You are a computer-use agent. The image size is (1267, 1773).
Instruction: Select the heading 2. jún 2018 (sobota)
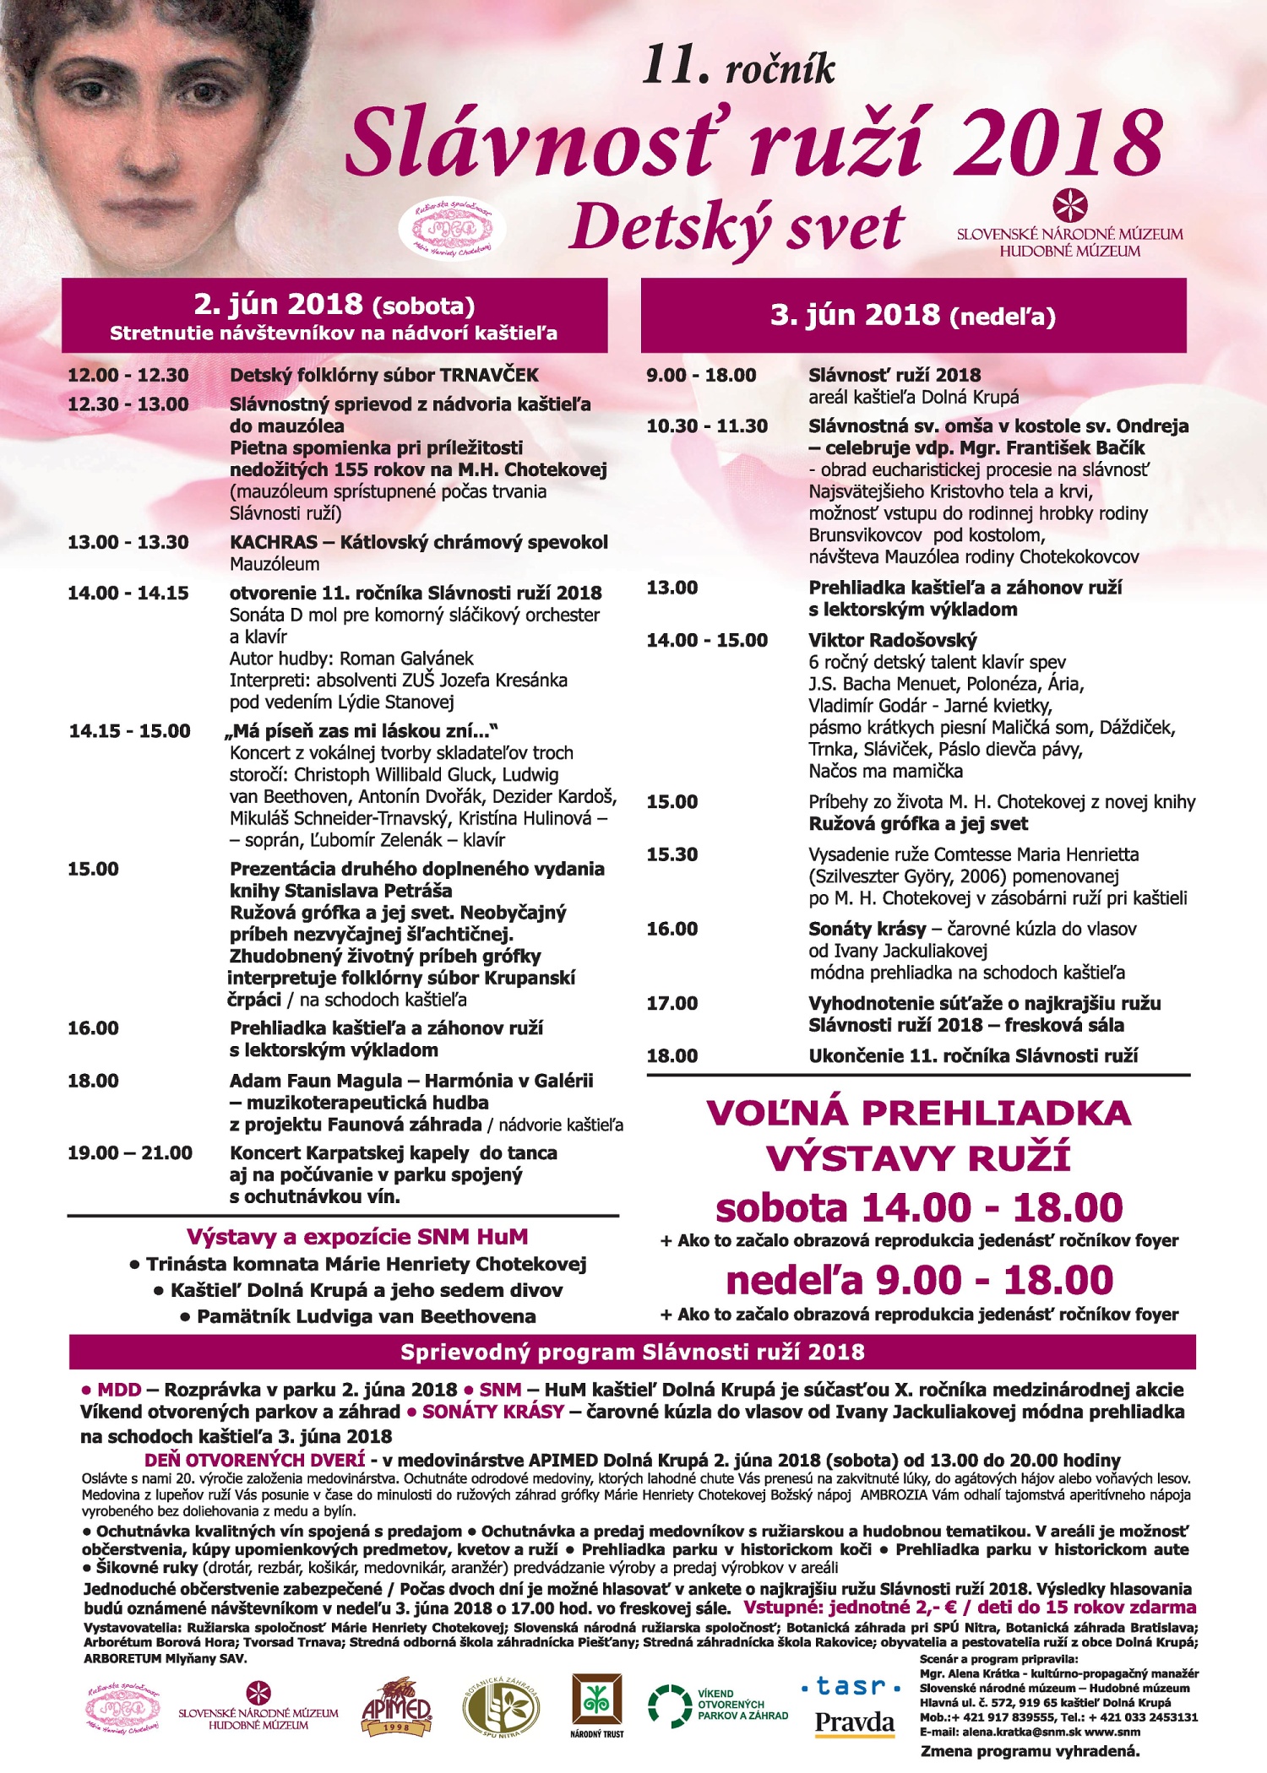coord(334,305)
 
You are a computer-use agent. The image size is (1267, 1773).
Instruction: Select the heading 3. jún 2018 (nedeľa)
coord(912,316)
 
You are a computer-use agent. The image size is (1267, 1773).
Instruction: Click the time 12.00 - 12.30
coord(128,376)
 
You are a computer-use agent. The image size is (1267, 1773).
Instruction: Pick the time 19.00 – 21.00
coord(130,1153)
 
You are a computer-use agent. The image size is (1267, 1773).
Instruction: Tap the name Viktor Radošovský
coord(892,640)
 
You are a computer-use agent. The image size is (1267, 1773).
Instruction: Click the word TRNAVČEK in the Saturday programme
coord(488,376)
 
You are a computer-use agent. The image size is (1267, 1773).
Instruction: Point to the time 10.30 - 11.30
coord(707,426)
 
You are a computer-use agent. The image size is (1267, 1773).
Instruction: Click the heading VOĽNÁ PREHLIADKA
coord(918,1114)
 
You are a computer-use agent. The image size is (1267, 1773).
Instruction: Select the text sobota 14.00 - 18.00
coord(918,1208)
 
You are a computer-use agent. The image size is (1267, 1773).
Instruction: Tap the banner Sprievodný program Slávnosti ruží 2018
coord(632,1353)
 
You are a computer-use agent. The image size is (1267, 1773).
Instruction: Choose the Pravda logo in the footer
coord(854,1722)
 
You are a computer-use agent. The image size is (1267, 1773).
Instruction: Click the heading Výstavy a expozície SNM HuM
coord(356,1238)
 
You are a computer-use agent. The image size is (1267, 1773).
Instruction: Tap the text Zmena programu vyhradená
coord(1030,1751)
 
